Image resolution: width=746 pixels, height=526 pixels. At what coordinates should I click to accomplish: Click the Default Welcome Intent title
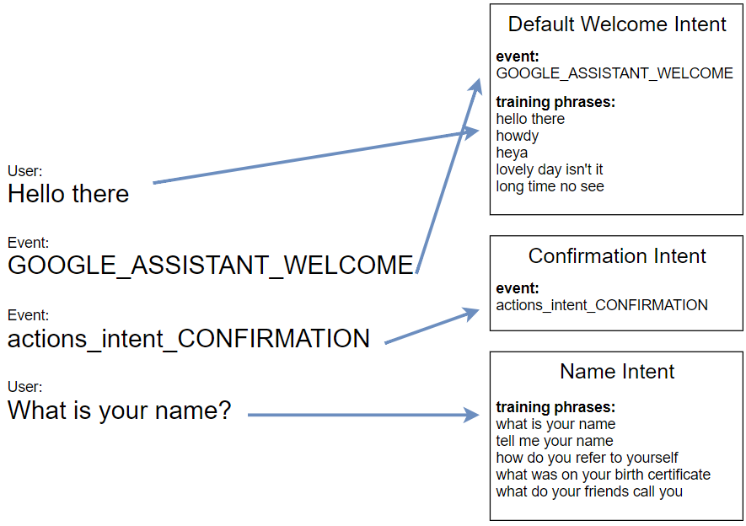pyautogui.click(x=617, y=24)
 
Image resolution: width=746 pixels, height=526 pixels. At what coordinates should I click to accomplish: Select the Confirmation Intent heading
pyautogui.click(x=617, y=256)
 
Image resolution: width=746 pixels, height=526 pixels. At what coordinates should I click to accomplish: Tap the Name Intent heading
pyautogui.click(x=617, y=371)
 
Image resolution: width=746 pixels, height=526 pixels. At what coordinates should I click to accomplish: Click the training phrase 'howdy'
pyautogui.click(x=518, y=136)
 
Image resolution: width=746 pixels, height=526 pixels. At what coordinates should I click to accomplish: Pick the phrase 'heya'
pyautogui.click(x=512, y=153)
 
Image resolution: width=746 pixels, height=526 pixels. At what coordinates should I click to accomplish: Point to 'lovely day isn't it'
pyautogui.click(x=549, y=169)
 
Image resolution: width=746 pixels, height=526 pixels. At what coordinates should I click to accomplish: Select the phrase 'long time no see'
pyautogui.click(x=550, y=186)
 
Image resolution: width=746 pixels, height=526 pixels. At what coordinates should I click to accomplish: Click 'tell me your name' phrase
pyautogui.click(x=555, y=441)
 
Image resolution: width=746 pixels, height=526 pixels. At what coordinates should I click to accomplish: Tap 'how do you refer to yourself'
pyautogui.click(x=587, y=458)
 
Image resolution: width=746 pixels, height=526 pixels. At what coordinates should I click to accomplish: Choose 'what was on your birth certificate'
pyautogui.click(x=603, y=475)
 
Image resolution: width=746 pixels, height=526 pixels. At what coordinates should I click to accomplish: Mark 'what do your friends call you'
pyautogui.click(x=589, y=491)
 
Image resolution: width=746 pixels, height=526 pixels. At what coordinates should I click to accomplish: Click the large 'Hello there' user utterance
pyautogui.click(x=68, y=194)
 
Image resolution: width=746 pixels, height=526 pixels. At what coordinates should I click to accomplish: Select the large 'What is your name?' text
pyautogui.click(x=120, y=410)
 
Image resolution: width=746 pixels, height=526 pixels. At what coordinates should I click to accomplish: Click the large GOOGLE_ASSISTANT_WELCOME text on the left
pyautogui.click(x=211, y=265)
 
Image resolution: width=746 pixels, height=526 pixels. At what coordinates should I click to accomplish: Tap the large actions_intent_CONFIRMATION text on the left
pyautogui.click(x=189, y=339)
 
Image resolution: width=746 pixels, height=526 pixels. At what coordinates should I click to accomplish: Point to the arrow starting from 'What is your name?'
pyautogui.click(x=363, y=415)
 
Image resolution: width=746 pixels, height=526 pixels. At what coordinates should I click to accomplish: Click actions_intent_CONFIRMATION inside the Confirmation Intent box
pyautogui.click(x=602, y=305)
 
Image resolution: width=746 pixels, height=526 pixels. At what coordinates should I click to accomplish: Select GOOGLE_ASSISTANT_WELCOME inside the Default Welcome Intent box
pyautogui.click(x=615, y=73)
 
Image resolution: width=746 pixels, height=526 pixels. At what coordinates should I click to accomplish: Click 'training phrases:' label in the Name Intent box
pyautogui.click(x=555, y=407)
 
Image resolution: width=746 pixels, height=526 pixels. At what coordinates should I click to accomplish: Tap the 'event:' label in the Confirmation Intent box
pyautogui.click(x=518, y=288)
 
